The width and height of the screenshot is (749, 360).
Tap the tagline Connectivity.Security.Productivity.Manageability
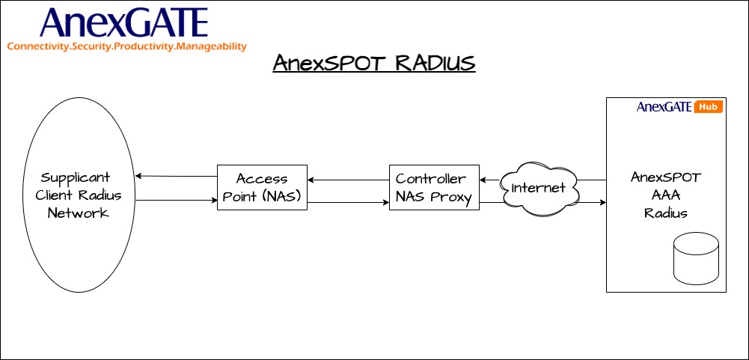point(126,46)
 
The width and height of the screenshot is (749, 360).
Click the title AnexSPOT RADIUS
point(373,64)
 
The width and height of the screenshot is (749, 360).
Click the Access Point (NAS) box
point(262,187)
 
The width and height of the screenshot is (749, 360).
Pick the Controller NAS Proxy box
point(434,187)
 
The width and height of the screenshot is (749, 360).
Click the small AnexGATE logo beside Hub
point(664,107)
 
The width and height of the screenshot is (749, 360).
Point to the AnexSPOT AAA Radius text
point(665,195)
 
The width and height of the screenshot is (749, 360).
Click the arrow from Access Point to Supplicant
point(176,177)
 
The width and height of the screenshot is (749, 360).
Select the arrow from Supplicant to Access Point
point(176,200)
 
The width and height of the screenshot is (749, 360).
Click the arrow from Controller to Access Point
point(348,180)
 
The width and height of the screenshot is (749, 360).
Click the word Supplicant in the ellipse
point(75,178)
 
